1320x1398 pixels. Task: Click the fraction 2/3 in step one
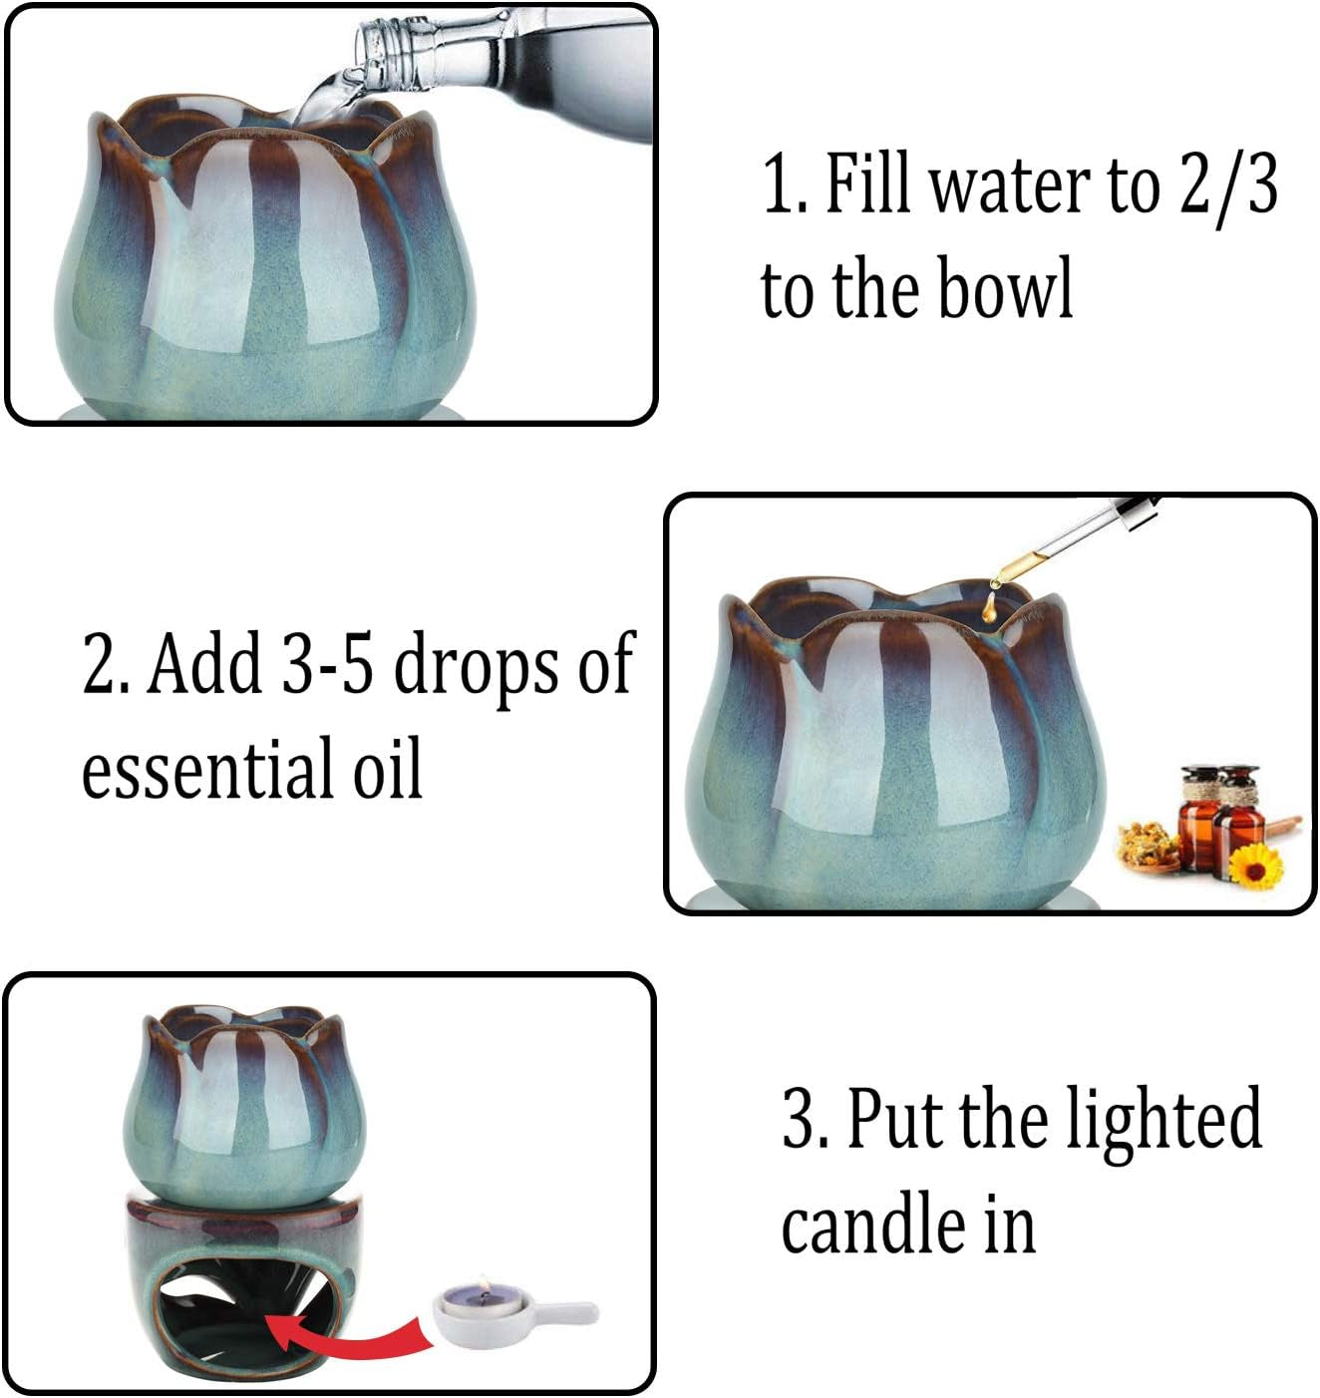[1228, 186]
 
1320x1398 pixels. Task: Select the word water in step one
[1007, 186]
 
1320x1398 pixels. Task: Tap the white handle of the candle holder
[564, 1312]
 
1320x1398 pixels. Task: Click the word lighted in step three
[1162, 1120]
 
